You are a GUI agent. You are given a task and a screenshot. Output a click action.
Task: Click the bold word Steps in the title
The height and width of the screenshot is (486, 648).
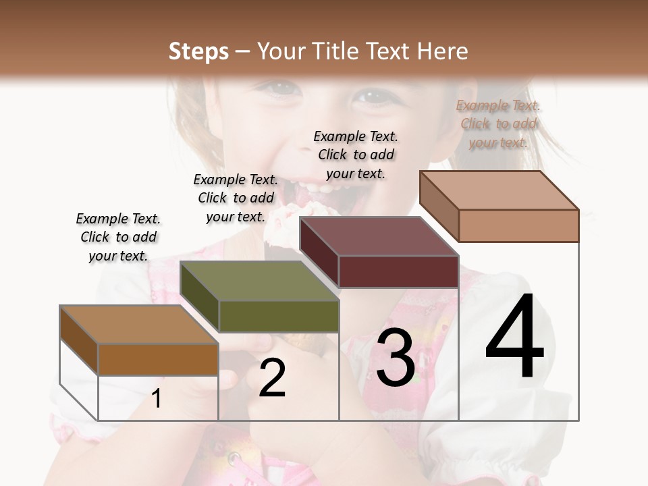[198, 51]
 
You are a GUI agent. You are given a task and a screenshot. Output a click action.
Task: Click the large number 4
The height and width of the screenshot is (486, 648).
[514, 337]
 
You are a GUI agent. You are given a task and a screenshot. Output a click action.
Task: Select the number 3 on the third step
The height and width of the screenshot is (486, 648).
[396, 358]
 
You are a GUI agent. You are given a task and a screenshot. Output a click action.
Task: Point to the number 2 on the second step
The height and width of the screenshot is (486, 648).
[272, 379]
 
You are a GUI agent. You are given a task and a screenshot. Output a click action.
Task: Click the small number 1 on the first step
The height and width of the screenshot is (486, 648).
[157, 399]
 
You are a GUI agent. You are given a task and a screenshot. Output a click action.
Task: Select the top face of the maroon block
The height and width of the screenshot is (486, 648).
[379, 236]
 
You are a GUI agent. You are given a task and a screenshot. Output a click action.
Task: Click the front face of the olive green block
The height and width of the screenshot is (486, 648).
[279, 316]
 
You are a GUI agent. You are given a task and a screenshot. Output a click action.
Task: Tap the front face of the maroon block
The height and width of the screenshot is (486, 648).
[398, 271]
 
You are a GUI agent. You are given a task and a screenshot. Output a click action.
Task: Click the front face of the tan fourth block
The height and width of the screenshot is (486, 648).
[518, 225]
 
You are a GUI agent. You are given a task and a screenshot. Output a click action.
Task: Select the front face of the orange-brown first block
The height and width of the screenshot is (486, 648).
[158, 359]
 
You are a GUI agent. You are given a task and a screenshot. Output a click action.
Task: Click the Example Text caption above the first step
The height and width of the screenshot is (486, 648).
[118, 237]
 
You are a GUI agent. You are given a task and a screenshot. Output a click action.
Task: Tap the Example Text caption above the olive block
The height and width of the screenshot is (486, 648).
[236, 198]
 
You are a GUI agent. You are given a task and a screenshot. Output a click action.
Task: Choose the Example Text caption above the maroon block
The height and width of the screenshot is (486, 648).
[356, 155]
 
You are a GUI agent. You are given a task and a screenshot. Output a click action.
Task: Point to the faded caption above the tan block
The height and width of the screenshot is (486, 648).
[498, 124]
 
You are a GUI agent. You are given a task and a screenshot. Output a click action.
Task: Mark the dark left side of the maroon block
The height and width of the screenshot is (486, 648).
[319, 253]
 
